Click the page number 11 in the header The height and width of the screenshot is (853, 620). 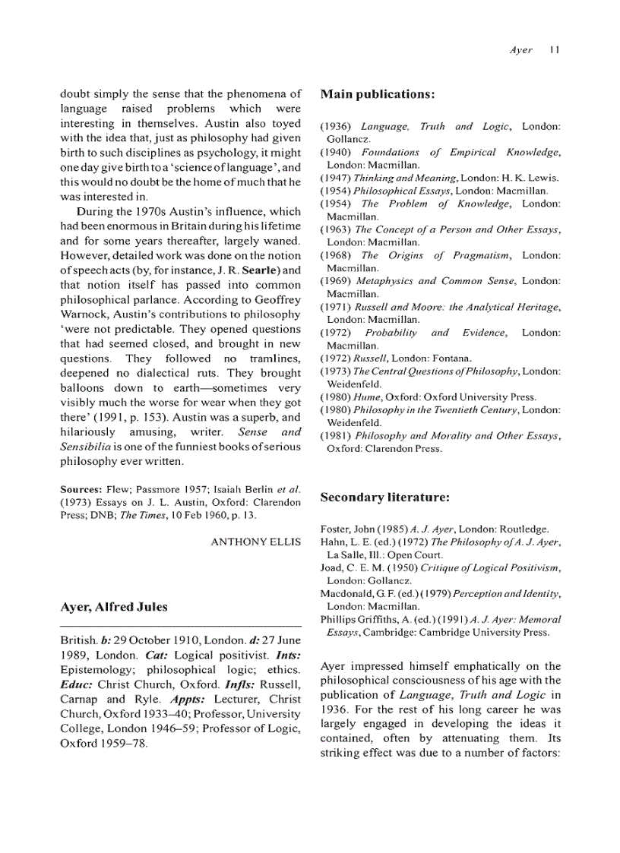pos(555,50)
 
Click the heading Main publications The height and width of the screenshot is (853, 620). pos(377,95)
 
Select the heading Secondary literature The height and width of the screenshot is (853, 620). pos(384,498)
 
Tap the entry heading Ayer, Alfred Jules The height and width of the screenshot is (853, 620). pos(113,607)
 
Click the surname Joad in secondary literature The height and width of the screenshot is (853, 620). pos(332,568)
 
